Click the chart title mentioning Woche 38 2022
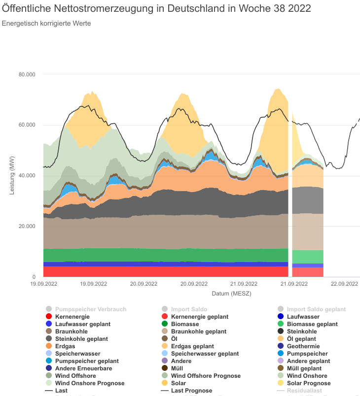coord(160,9)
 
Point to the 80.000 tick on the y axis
coord(27,74)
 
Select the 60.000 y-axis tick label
coord(27,125)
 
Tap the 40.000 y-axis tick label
coord(27,176)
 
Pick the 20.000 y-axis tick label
coord(27,227)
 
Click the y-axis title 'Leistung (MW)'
coord(12,175)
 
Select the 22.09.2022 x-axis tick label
coord(344,284)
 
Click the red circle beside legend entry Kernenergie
coord(49,317)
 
